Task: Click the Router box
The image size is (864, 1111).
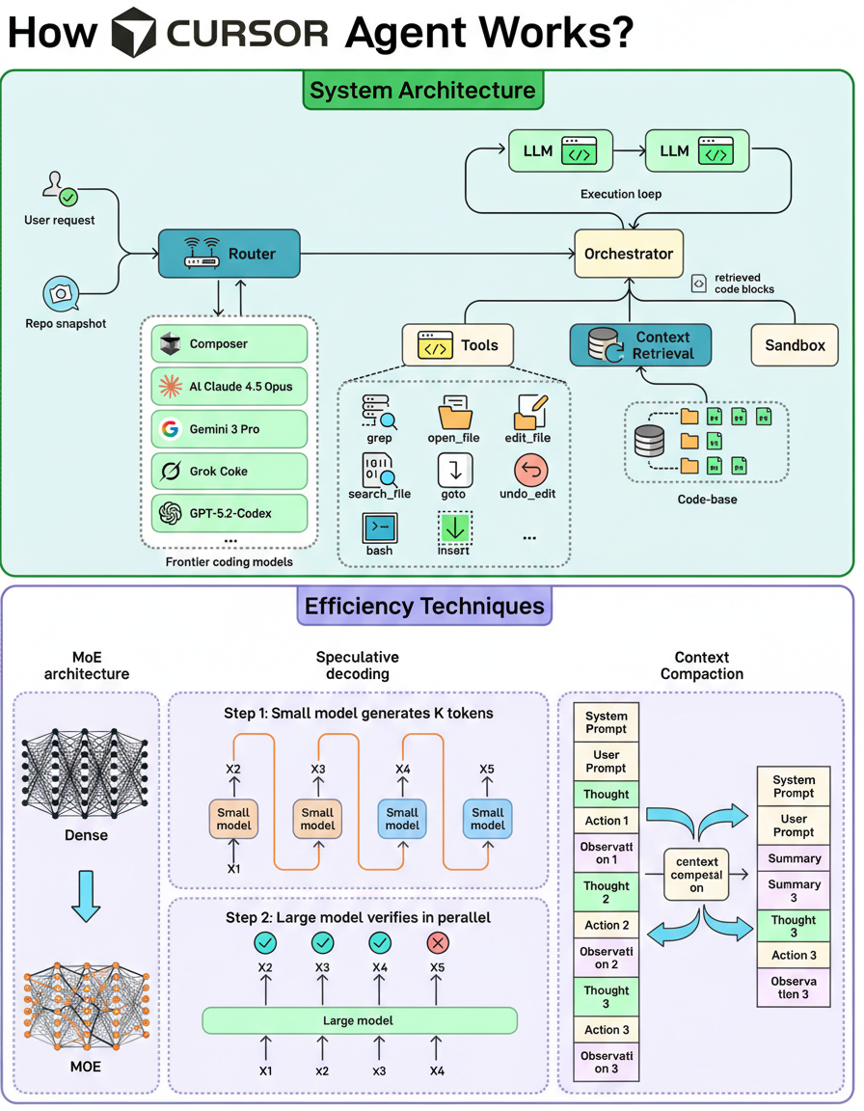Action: pyautogui.click(x=229, y=254)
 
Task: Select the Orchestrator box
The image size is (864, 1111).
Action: pyautogui.click(x=628, y=255)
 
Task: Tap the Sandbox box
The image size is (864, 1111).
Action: pyautogui.click(x=795, y=344)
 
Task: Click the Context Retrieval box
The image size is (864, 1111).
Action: pyautogui.click(x=640, y=345)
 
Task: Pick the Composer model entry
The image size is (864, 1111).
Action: pyautogui.click(x=229, y=343)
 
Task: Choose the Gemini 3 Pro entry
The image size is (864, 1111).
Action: pyautogui.click(x=229, y=428)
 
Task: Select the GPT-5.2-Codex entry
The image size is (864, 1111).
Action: pyautogui.click(x=229, y=513)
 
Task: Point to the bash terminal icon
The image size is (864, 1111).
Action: pyautogui.click(x=378, y=528)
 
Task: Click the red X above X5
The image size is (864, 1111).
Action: pyautogui.click(x=438, y=942)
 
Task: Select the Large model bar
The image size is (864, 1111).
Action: pyautogui.click(x=359, y=1020)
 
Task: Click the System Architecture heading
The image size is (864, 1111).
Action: pyautogui.click(x=422, y=92)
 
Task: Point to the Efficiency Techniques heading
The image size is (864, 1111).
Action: pyautogui.click(x=424, y=607)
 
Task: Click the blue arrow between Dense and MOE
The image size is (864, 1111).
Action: pyautogui.click(x=86, y=894)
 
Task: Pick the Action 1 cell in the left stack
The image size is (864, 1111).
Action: pyautogui.click(x=607, y=821)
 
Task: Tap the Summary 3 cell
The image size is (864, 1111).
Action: pyautogui.click(x=794, y=890)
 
